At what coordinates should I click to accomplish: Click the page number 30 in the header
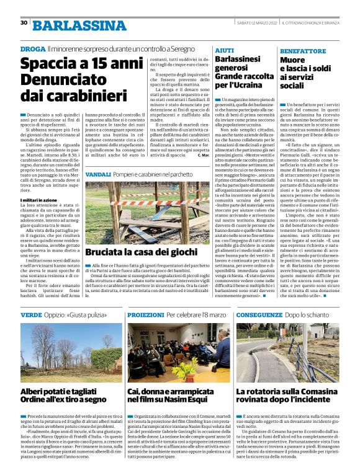tap(24, 23)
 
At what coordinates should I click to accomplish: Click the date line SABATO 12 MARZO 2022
tap(253, 23)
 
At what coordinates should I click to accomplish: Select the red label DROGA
tap(32, 48)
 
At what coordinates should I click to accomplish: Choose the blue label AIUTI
tap(224, 48)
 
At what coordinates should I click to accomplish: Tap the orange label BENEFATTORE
tap(302, 49)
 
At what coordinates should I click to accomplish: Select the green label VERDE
tap(32, 315)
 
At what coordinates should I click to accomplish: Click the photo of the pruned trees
tap(71, 352)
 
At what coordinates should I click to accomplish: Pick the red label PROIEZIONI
tap(146, 315)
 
